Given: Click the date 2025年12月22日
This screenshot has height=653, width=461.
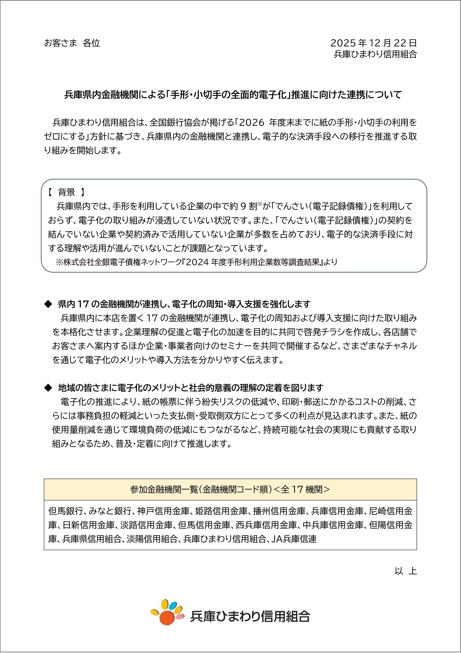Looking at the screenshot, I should (x=373, y=43).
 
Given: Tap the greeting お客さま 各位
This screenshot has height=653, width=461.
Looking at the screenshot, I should (x=72, y=43).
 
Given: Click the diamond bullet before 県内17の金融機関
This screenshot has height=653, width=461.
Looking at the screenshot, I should (x=47, y=304).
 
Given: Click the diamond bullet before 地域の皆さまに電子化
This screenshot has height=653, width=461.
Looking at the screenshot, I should (x=47, y=388).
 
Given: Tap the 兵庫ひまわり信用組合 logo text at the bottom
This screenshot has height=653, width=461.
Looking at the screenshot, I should (x=249, y=616).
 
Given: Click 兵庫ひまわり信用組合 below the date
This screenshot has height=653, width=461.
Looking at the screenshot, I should (x=375, y=54).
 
